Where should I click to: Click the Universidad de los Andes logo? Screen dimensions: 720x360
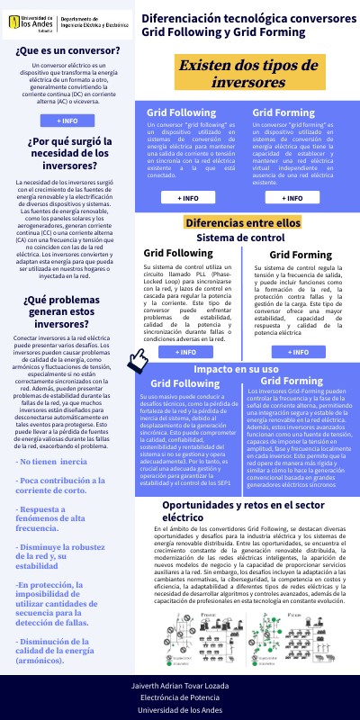[35, 21]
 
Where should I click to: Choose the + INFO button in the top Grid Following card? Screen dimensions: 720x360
[188, 196]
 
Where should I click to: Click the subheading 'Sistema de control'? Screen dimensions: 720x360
[240, 238]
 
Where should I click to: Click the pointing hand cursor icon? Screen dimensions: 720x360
[138, 358]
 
